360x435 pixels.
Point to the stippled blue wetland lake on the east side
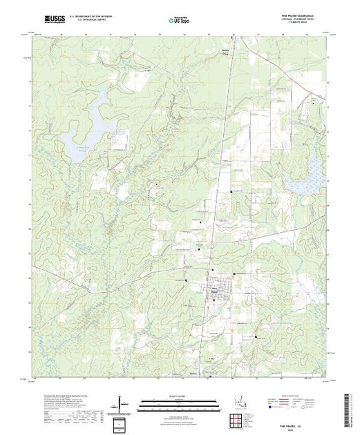pos(312,166)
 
